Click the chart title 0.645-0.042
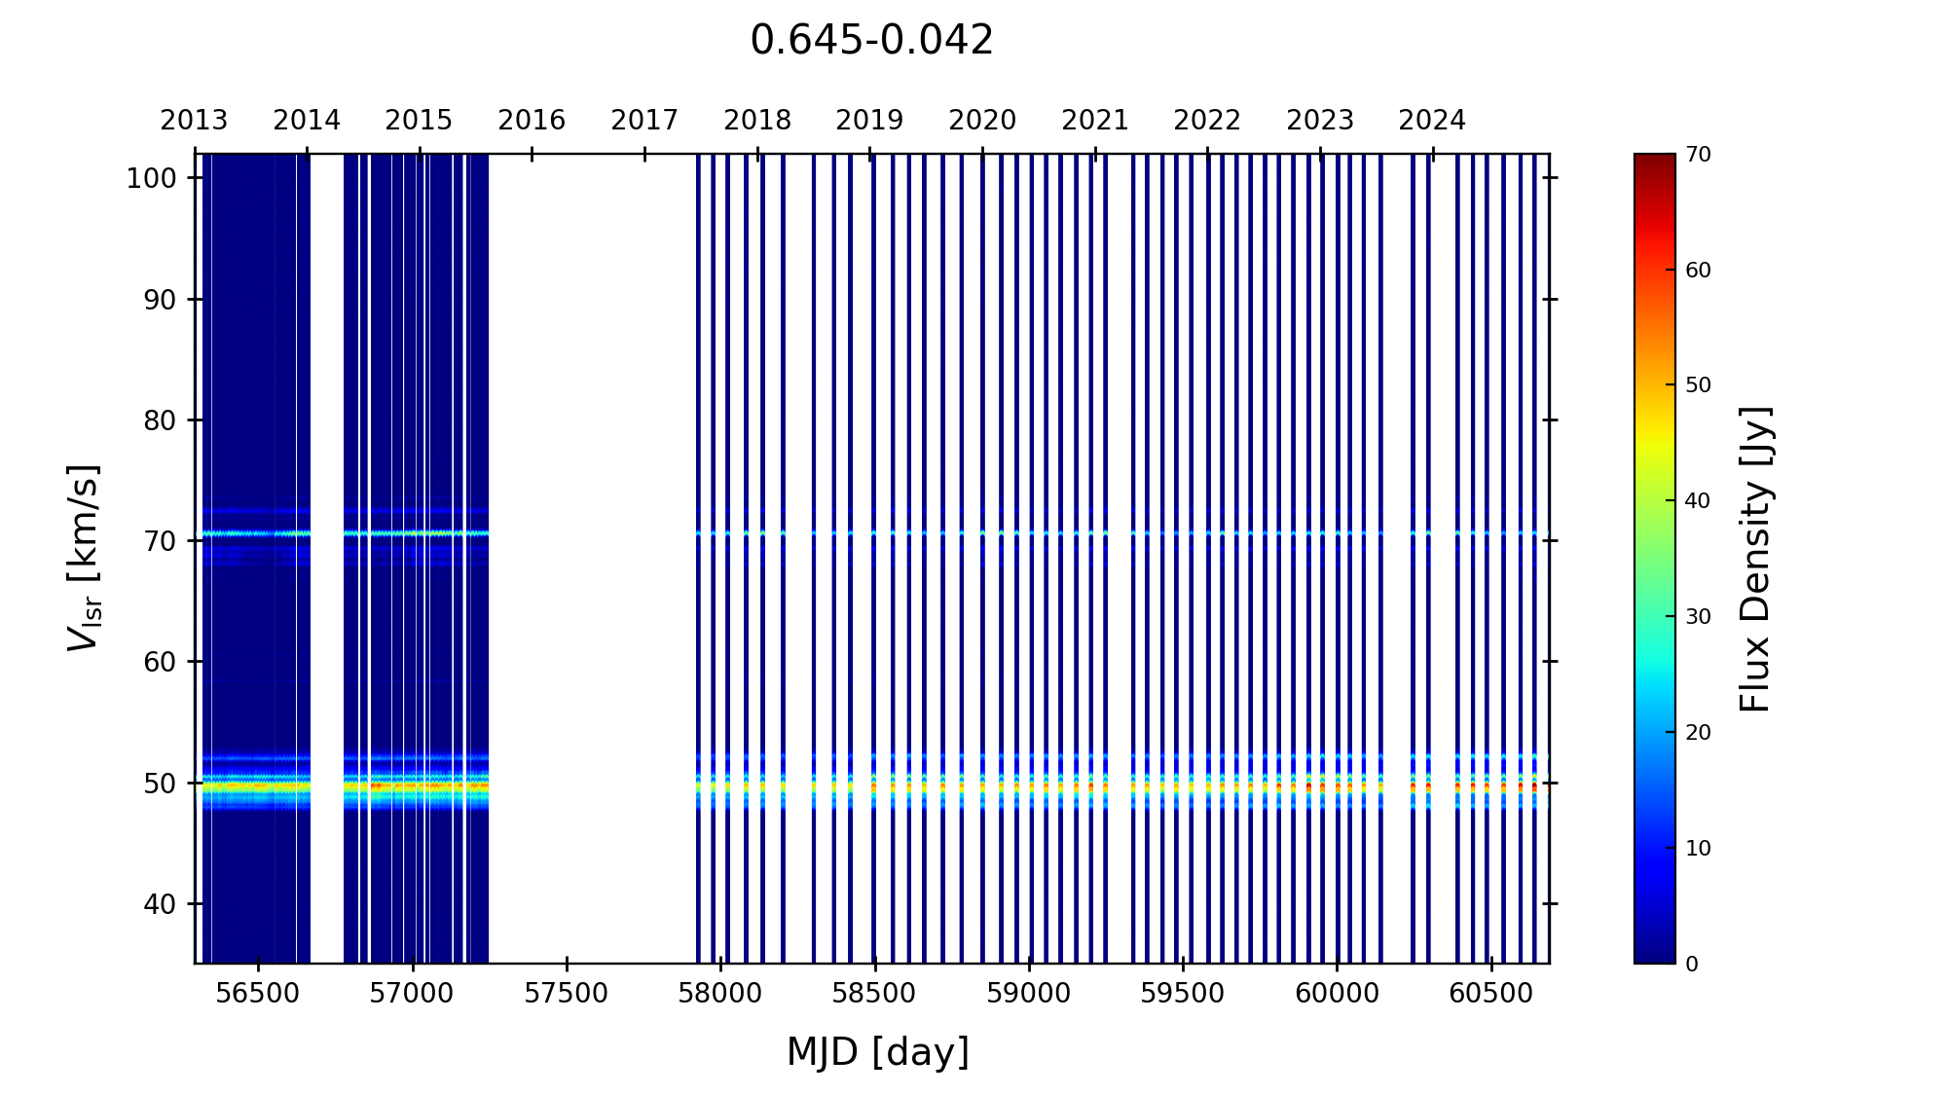coord(871,41)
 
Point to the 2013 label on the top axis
coord(194,121)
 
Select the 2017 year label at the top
coord(644,121)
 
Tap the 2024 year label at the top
coord(1432,121)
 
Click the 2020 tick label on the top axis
coord(982,121)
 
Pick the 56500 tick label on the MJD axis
coord(258,994)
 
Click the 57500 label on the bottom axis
coord(567,994)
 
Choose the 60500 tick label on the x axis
coord(1490,994)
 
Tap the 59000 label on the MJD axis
coord(1029,994)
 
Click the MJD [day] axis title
coord(878,1052)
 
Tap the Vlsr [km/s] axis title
coord(84,558)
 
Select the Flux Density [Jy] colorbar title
coord(1755,559)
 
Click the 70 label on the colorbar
coord(1698,155)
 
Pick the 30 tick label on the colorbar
coord(1698,617)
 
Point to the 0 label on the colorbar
coord(1692,964)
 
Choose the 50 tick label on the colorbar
coord(1698,385)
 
